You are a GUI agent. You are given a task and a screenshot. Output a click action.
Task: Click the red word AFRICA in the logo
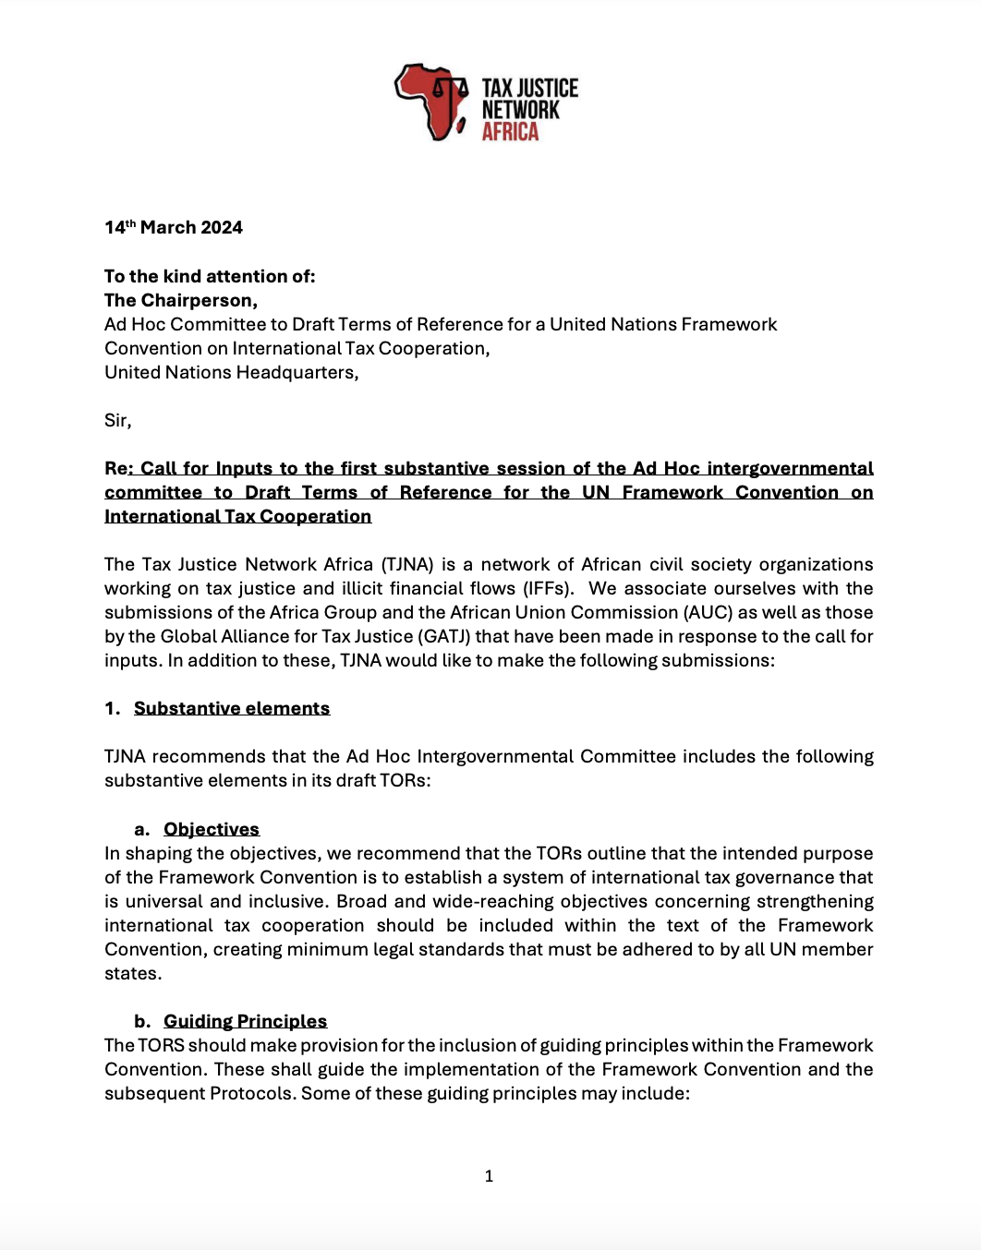pos(510,132)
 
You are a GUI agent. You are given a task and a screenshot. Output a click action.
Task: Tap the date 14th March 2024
pos(173,228)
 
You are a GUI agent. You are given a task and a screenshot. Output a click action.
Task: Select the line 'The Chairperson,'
pos(180,300)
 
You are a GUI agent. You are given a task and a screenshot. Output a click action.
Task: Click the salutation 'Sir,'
pos(117,421)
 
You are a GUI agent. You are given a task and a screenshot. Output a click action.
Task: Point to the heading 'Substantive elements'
pos(231,708)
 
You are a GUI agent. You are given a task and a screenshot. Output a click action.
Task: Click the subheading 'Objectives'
pos(212,829)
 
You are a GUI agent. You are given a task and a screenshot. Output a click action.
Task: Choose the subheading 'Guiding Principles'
pos(245,1021)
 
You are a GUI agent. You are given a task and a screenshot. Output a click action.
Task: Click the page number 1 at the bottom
pos(489,1176)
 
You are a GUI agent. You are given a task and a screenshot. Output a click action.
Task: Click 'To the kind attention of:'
pos(210,276)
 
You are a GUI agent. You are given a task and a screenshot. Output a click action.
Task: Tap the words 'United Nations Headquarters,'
pos(231,372)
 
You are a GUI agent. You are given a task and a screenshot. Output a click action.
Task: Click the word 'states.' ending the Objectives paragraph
pos(132,973)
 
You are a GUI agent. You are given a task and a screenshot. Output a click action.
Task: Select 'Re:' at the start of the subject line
pos(116,468)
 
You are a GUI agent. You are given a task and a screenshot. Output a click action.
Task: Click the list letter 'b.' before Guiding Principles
pos(142,1021)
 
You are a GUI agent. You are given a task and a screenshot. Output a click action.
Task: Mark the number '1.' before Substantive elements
pos(112,708)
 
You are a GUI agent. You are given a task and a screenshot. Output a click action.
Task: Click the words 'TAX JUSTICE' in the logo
pos(529,89)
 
